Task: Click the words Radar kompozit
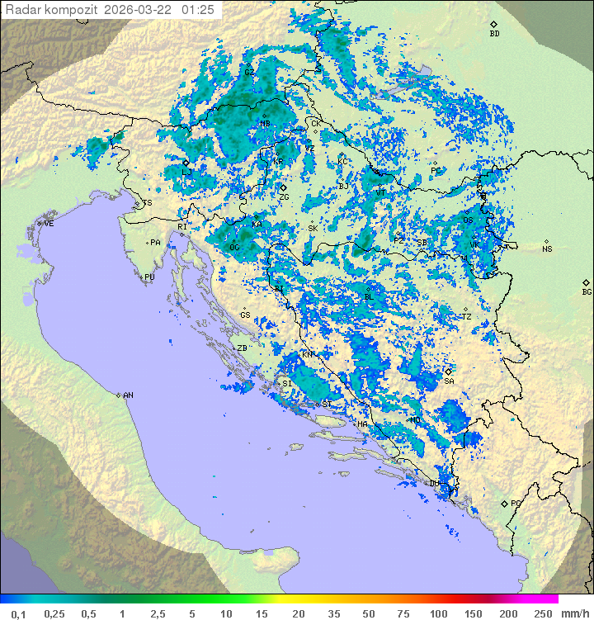[52, 10]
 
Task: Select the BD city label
[494, 34]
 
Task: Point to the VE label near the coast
[49, 224]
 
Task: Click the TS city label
[148, 203]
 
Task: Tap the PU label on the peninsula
[149, 277]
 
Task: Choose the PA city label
[155, 243]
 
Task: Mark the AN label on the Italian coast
[128, 395]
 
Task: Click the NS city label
[547, 249]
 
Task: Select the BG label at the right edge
[587, 291]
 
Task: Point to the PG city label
[516, 503]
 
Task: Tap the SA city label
[450, 381]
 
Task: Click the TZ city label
[467, 316]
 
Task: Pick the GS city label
[245, 315]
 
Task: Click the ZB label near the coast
[243, 348]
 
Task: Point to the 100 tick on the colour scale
[438, 613]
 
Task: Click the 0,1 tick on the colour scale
[18, 613]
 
